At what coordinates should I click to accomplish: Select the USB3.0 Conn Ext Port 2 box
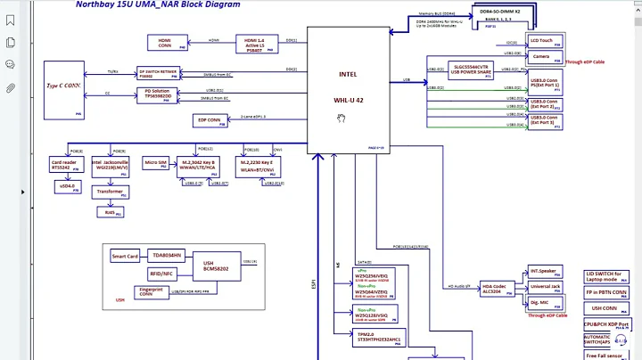[545, 103]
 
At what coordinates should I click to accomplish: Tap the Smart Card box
[125, 256]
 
